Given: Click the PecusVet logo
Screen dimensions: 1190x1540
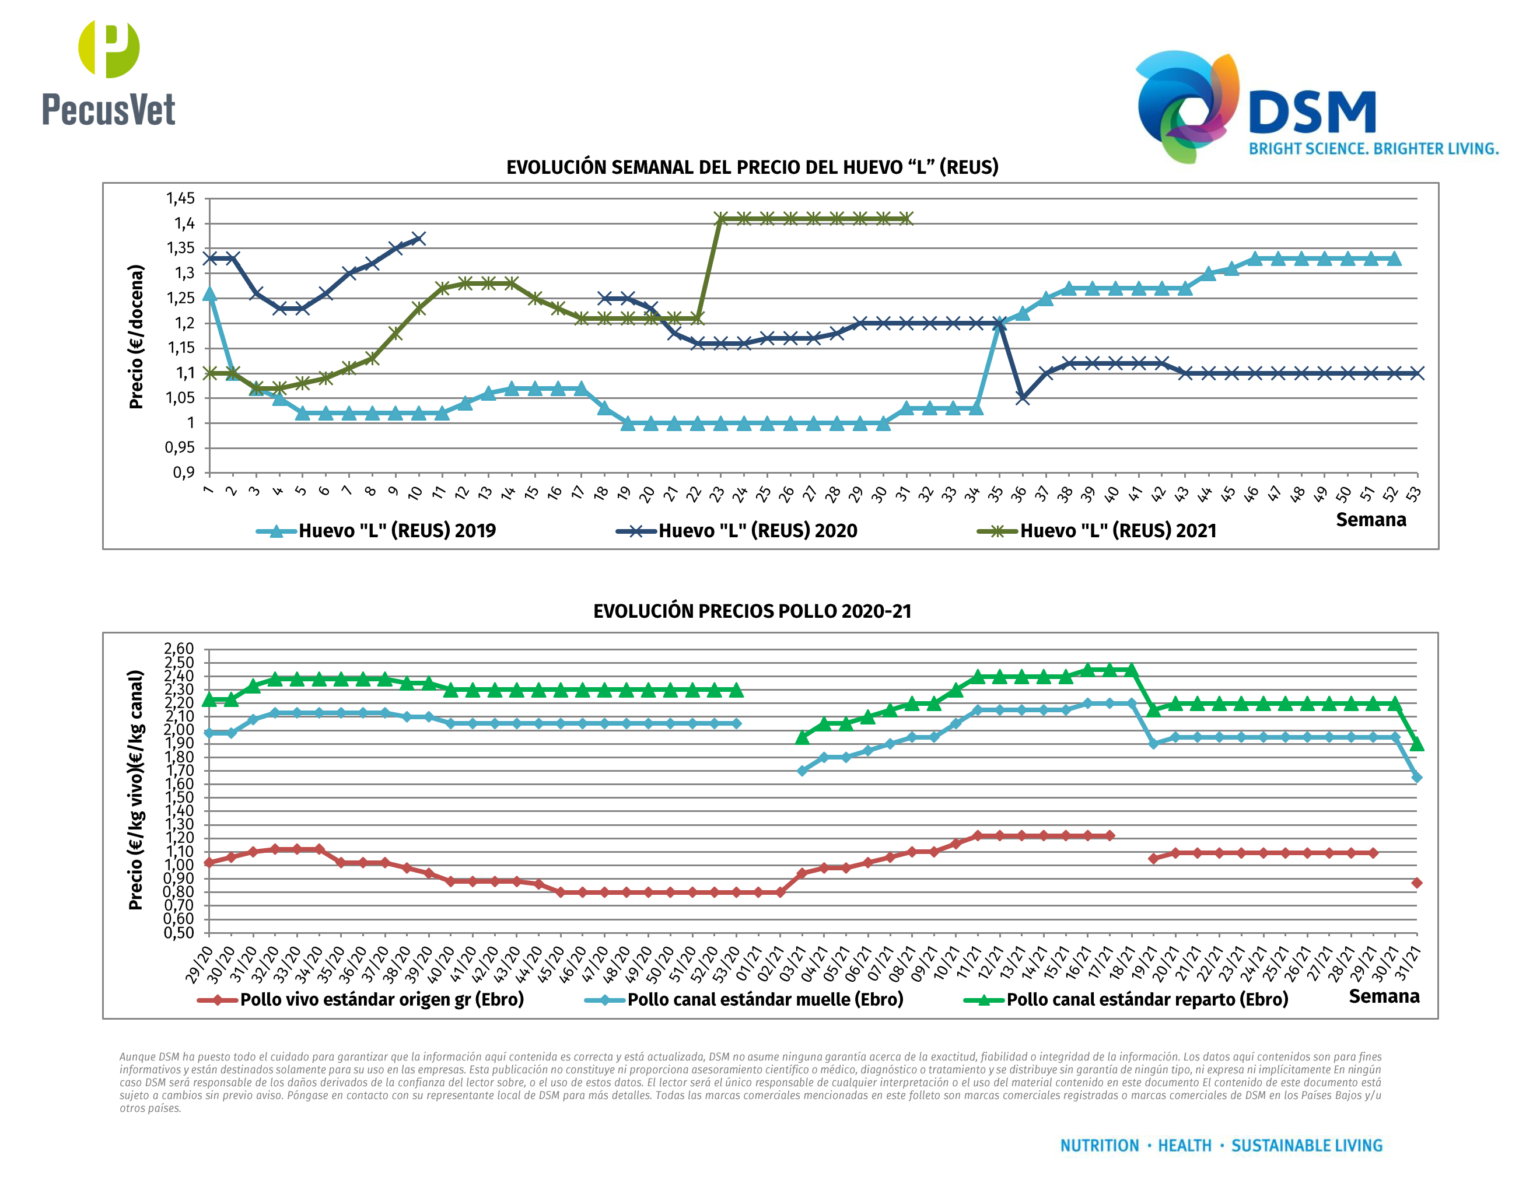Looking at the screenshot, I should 108,73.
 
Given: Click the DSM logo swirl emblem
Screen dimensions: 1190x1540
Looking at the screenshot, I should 1186,106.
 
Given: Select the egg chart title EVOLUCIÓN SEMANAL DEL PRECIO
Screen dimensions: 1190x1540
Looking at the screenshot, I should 752,167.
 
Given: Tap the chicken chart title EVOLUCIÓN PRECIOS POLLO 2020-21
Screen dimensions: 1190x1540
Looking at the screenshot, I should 752,611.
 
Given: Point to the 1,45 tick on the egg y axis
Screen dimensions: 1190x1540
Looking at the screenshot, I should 180,198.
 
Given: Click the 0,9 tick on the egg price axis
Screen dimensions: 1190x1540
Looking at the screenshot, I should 183,473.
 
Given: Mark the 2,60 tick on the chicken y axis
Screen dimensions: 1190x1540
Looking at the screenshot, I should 179,649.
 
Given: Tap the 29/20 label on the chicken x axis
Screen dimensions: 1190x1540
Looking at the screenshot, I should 199,964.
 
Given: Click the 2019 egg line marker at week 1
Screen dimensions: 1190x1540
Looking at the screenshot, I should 209,293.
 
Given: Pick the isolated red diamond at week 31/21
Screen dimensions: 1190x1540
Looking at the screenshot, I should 1416,883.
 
